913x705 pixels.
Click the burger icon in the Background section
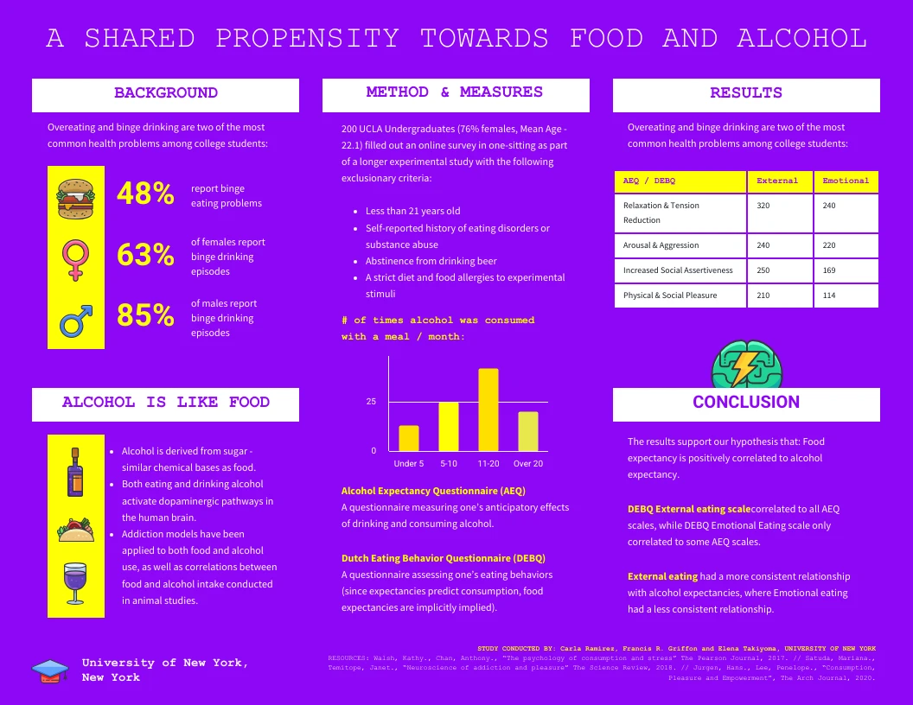[75, 197]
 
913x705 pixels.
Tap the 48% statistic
[145, 194]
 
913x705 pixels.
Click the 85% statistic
[145, 315]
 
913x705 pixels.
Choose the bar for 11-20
[488, 410]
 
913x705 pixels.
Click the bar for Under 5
[409, 438]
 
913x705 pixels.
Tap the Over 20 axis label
[528, 464]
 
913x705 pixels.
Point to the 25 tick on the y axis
[371, 402]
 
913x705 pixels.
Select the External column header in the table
[777, 181]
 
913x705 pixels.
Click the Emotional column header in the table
[845, 181]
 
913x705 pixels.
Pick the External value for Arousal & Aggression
[763, 245]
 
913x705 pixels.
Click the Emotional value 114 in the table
[829, 295]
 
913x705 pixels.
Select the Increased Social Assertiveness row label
[678, 270]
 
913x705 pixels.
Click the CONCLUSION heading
[745, 402]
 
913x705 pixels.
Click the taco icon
[75, 530]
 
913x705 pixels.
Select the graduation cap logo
[50, 670]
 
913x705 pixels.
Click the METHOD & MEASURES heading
[454, 92]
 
